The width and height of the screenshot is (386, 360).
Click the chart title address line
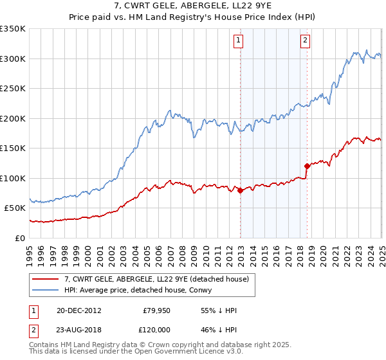[192, 6]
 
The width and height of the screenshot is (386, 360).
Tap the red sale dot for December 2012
[240, 190]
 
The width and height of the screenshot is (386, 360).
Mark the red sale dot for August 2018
[307, 166]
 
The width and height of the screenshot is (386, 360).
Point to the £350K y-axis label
[13, 29]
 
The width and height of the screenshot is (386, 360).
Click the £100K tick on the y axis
[13, 178]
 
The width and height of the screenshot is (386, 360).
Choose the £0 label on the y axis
[20, 238]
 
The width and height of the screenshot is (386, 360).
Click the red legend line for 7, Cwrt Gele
[46, 278]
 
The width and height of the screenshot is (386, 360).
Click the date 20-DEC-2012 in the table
[79, 311]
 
